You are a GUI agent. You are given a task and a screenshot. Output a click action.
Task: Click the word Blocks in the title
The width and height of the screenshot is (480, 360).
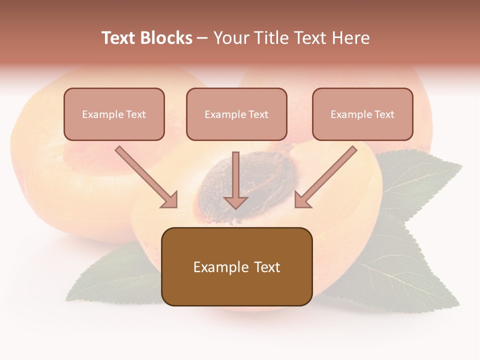coord(166,38)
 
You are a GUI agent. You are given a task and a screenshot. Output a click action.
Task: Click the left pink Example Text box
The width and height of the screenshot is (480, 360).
coord(114,114)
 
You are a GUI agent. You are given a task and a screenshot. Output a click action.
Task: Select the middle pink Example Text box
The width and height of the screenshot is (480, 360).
coord(236,114)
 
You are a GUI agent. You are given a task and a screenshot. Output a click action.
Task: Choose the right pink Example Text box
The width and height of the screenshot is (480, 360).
coord(362,114)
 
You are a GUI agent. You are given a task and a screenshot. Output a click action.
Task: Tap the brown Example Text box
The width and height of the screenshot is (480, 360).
coord(236,266)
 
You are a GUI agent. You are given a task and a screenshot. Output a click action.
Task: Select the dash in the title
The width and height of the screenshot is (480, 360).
coord(203,38)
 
